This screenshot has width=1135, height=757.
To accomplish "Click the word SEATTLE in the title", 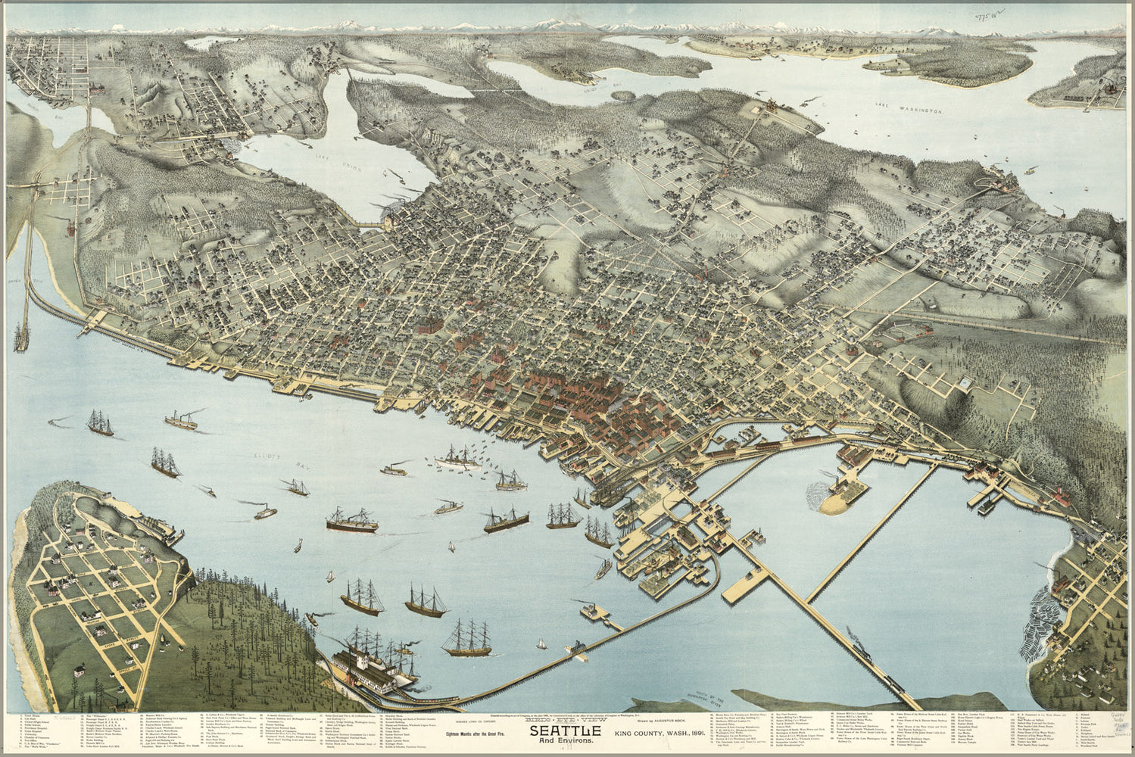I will pyautogui.click(x=565, y=731).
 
